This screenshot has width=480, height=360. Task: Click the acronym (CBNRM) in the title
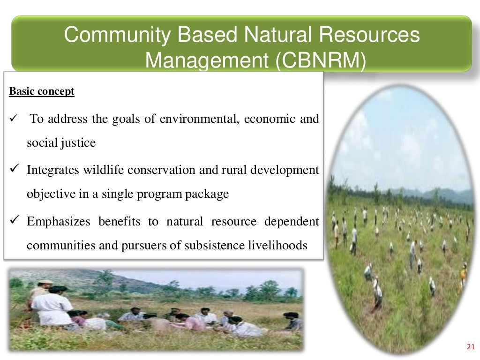tap(319, 60)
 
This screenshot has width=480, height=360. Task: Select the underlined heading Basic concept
tap(42, 91)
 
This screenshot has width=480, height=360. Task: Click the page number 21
tap(471, 347)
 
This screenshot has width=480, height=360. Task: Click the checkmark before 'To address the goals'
tap(13, 119)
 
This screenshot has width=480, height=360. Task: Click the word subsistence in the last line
tap(213, 245)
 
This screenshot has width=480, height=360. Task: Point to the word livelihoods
tap(277, 245)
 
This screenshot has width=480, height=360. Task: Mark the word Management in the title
tap(207, 60)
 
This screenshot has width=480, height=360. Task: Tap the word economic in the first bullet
tap(270, 119)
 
